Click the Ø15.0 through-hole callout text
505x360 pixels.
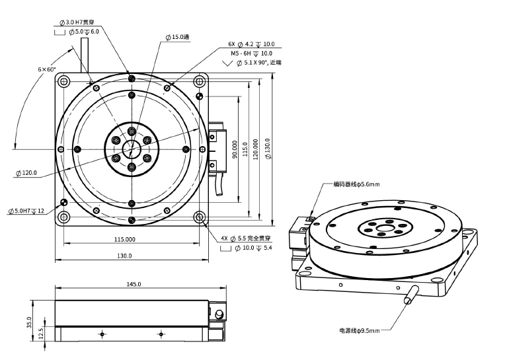pyautogui.click(x=177, y=37)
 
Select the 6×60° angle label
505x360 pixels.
pyautogui.click(x=47, y=69)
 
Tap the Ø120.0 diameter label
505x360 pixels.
pyautogui.click(x=26, y=173)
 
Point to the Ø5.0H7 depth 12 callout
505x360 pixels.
pyautogui.click(x=26, y=211)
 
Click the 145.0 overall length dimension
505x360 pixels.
pyautogui.click(x=134, y=284)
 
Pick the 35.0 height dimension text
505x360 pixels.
pyautogui.click(x=29, y=322)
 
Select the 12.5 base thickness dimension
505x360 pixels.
pyautogui.click(x=41, y=334)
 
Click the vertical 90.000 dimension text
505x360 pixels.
pyautogui.click(x=235, y=149)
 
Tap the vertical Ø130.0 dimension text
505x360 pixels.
pyautogui.click(x=268, y=149)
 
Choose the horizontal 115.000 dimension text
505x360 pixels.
pyautogui.click(x=125, y=239)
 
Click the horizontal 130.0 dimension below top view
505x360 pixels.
pyautogui.click(x=124, y=256)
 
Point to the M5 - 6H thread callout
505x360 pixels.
pyautogui.click(x=251, y=54)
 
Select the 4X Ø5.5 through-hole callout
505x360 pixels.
pyautogui.click(x=246, y=238)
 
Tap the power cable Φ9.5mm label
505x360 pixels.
pyautogui.click(x=359, y=330)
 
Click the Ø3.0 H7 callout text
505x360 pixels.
pyautogui.click(x=77, y=22)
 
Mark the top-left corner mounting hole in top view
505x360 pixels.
pyautogui.click(x=63, y=81)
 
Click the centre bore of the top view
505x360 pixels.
pyautogui.click(x=132, y=149)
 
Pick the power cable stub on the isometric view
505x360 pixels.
pyautogui.click(x=412, y=295)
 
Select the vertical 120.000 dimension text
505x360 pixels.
pyautogui.click(x=255, y=149)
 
